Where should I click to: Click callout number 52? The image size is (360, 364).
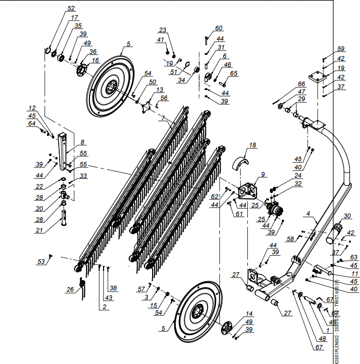[71, 9]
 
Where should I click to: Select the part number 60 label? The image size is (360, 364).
[219, 28]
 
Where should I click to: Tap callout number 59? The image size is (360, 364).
[341, 49]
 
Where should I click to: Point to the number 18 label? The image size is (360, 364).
[253, 144]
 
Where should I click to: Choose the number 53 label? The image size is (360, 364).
[41, 261]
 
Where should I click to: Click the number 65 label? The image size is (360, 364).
[234, 73]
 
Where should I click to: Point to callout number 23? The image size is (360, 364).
[162, 30]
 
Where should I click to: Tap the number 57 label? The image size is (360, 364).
[141, 289]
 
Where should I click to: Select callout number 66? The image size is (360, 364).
[301, 84]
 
